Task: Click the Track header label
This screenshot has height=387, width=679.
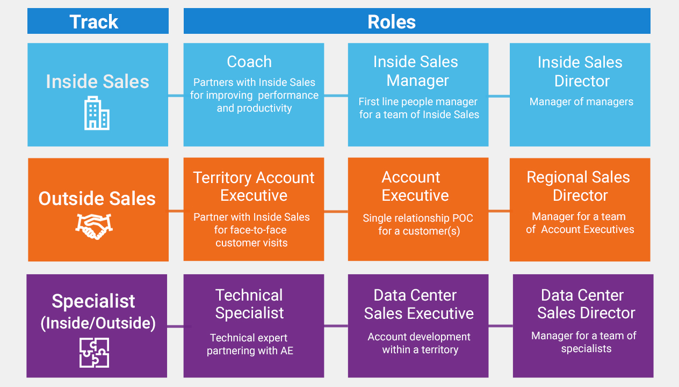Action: coord(93,22)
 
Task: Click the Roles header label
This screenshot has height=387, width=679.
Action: coord(392,22)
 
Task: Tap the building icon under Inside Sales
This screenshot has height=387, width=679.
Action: coord(97,113)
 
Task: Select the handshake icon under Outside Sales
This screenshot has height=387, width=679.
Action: coord(94,227)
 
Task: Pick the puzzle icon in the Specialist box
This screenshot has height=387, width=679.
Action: coord(94,353)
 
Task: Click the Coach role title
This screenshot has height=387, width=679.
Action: coord(249,62)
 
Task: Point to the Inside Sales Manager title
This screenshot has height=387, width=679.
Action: coord(416,71)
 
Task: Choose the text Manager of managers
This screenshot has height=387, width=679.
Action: coord(581,102)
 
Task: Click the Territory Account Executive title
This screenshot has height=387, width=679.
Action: coord(254,186)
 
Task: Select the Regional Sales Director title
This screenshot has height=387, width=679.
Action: coord(579,186)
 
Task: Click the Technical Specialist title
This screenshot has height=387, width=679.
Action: coord(249,304)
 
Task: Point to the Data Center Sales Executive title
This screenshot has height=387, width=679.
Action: coord(418,304)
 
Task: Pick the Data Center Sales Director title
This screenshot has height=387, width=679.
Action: coord(586,304)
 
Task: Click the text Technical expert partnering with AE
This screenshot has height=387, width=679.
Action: coord(250,344)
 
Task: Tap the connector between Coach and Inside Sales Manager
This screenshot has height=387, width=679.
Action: coord(336,96)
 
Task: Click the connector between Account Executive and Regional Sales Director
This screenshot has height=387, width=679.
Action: coord(499,210)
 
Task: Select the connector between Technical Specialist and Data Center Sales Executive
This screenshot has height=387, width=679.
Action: coord(336,326)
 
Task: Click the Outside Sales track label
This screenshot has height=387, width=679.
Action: coord(97,199)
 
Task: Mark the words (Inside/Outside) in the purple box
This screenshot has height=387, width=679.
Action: coord(98,323)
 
